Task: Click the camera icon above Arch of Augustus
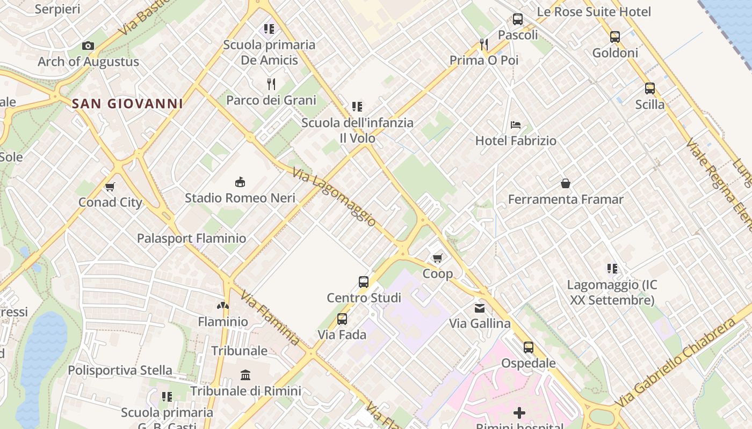(x=88, y=46)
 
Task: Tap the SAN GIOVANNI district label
(x=127, y=103)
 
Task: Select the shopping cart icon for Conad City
(x=110, y=187)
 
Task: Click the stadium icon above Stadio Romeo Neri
(x=240, y=182)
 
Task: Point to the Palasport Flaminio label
(x=191, y=238)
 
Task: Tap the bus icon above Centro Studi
(x=364, y=282)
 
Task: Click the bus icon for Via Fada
(x=342, y=319)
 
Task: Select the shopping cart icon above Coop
(x=438, y=258)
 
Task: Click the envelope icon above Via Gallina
(x=480, y=308)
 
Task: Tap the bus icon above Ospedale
(x=529, y=347)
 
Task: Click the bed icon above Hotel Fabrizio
(x=516, y=125)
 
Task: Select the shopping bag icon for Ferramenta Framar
(x=566, y=184)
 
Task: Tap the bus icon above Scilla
(x=650, y=88)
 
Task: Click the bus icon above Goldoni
(x=615, y=37)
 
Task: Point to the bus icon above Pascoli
(x=518, y=19)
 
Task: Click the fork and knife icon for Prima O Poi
(x=484, y=44)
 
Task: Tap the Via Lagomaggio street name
(x=334, y=197)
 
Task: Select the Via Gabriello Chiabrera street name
(x=682, y=364)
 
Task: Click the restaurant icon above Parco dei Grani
(x=271, y=84)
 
